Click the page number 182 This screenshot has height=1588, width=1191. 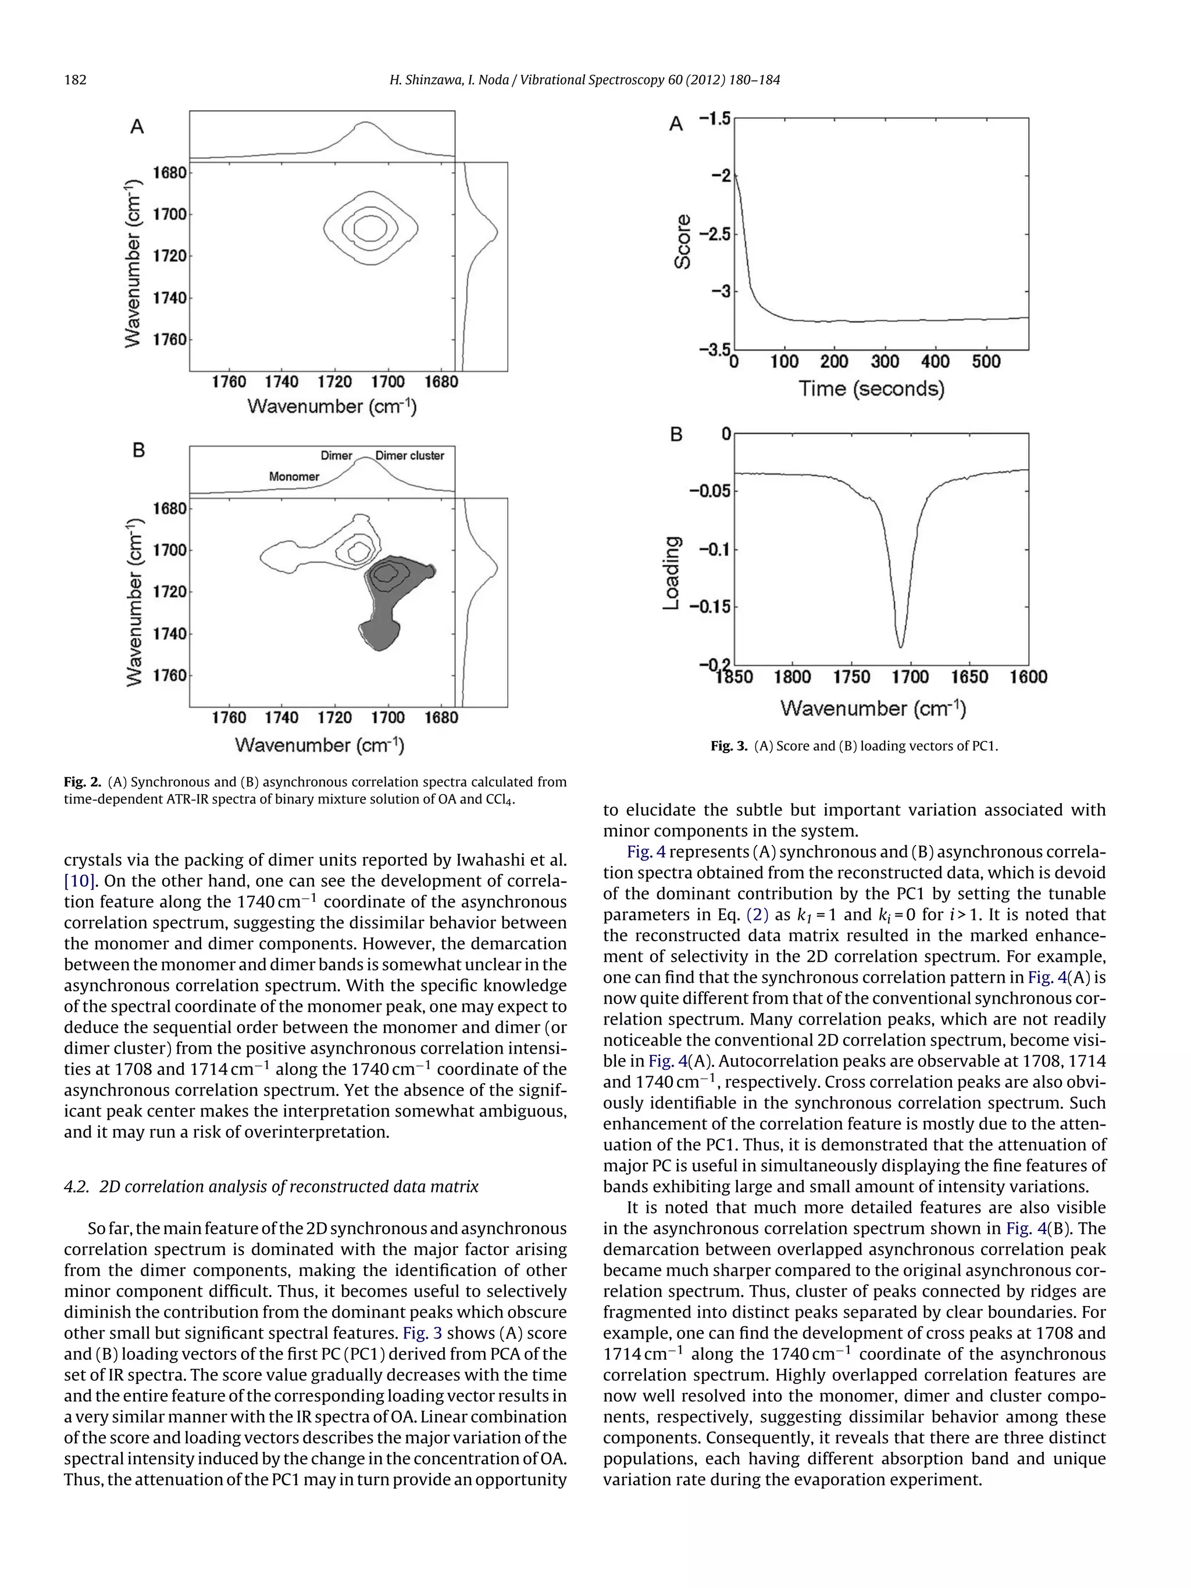point(76,80)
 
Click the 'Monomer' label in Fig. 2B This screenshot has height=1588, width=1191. point(294,477)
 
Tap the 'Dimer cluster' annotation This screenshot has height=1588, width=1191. point(409,456)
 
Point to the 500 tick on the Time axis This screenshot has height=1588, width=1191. point(986,362)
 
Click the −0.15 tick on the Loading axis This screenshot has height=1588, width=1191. point(709,606)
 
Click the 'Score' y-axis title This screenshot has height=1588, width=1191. point(683,242)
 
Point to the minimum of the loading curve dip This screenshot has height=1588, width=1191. point(900,645)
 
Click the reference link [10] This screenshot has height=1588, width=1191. point(79,881)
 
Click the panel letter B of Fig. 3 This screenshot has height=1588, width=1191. point(676,434)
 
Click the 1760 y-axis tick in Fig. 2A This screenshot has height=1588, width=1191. point(169,339)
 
